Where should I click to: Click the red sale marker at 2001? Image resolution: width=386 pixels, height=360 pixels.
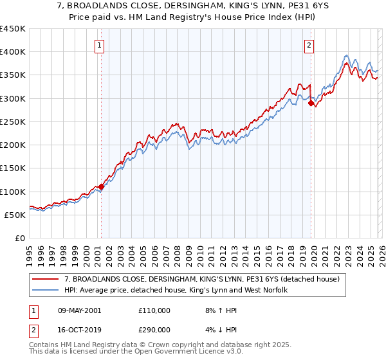(x=101, y=186)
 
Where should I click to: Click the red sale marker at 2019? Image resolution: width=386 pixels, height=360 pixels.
(x=311, y=103)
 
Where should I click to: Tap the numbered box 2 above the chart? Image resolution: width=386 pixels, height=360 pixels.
(x=309, y=45)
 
